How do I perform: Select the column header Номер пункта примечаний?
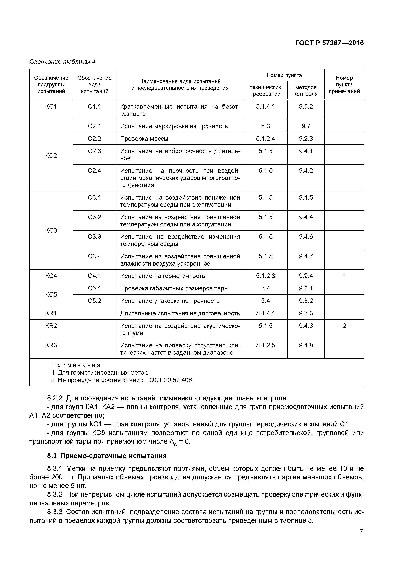coord(344,85)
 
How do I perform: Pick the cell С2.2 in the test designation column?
coord(94,139)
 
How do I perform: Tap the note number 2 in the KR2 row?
coord(344,326)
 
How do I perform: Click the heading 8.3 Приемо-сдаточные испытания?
coord(107,456)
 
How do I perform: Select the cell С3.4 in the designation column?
coord(94,256)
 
